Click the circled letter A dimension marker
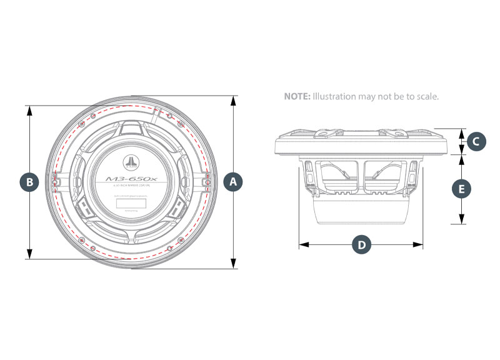(x=233, y=182)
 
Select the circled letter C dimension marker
(x=476, y=142)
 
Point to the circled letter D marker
(x=361, y=244)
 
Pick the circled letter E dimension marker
(x=462, y=188)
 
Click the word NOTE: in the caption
(x=297, y=97)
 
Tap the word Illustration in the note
(x=334, y=97)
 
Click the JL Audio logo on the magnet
(x=131, y=163)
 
